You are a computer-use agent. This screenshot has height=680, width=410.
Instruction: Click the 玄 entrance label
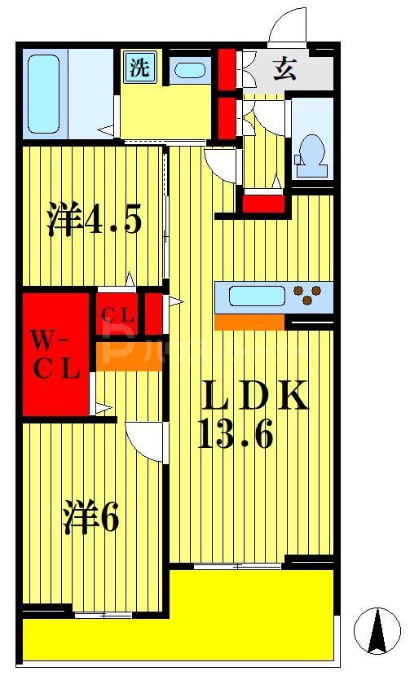pos(284,69)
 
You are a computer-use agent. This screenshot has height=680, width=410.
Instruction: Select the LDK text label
pos(254,397)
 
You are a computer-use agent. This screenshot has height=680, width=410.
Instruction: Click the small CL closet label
pos(118,314)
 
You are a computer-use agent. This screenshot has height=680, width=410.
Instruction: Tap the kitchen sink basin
pos(256,296)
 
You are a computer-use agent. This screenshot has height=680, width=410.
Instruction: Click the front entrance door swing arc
pos(289,25)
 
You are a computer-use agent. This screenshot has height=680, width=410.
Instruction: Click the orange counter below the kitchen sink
pos(249,322)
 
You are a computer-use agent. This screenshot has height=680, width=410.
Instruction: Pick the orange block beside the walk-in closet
pos(129,356)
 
